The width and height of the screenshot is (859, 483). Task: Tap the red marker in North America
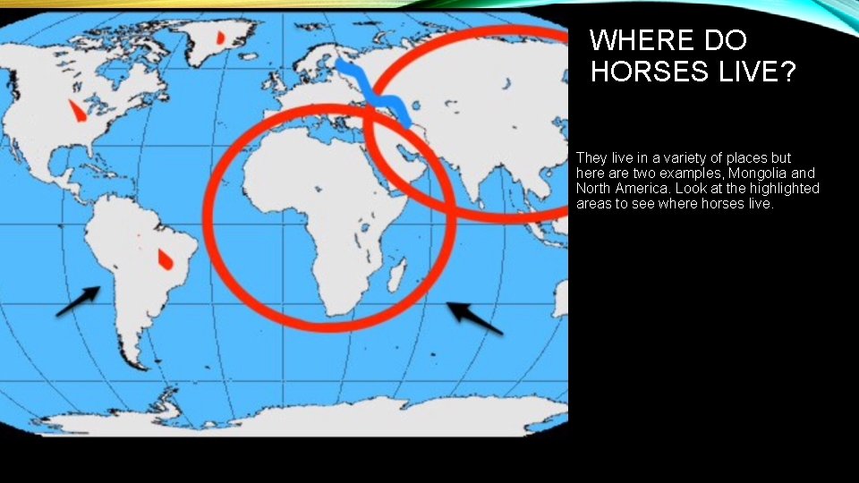78,113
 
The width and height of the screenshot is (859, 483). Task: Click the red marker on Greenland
221,38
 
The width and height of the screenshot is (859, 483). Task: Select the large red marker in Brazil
165,259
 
